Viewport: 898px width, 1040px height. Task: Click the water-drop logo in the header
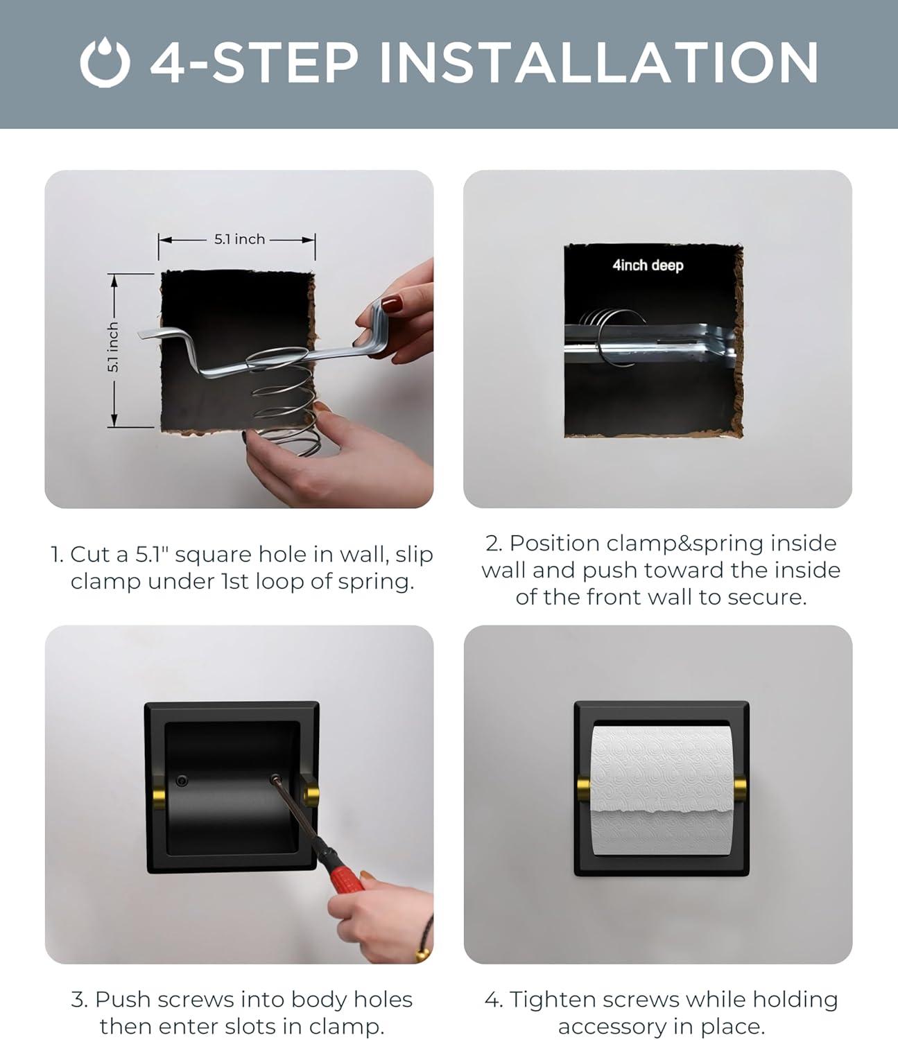[x=105, y=62]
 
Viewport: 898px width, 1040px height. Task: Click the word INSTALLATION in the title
[x=599, y=62]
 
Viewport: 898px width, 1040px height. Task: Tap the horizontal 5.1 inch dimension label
[x=240, y=239]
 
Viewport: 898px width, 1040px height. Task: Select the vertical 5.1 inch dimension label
[x=113, y=347]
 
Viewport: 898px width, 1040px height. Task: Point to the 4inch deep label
[x=648, y=265]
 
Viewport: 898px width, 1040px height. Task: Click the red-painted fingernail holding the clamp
[x=391, y=304]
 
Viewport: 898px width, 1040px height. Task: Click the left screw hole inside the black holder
[x=182, y=781]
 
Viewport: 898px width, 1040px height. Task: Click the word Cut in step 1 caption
[x=99, y=555]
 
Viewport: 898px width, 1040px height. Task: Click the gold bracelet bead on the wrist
[x=422, y=953]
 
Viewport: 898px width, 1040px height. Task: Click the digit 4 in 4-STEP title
[x=169, y=62]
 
